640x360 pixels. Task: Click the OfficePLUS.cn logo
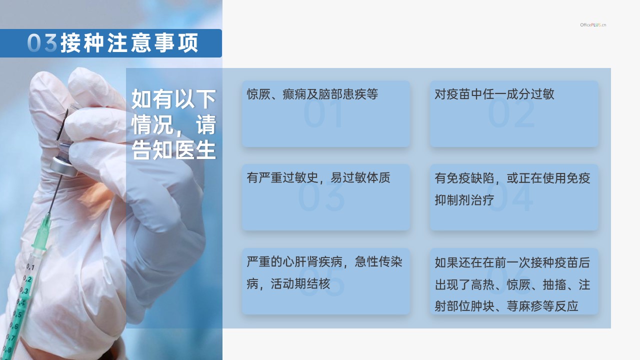(593, 25)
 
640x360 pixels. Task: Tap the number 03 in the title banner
(42, 43)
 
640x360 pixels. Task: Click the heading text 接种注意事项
(129, 43)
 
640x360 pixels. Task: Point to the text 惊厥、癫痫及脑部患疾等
(312, 94)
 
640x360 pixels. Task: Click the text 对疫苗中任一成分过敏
(494, 94)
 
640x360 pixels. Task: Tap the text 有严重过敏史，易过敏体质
(318, 177)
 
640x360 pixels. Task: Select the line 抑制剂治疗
(464, 199)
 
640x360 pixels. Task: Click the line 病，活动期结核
(288, 283)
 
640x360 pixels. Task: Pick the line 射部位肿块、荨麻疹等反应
(506, 306)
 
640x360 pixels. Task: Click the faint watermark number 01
(323, 113)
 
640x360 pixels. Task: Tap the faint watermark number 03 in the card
(321, 196)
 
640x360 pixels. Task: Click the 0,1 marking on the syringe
(30, 267)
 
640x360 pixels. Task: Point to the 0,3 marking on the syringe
(24, 290)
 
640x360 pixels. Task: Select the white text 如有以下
(173, 98)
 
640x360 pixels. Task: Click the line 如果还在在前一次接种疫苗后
(512, 262)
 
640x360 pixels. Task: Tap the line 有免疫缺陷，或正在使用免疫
(512, 178)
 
